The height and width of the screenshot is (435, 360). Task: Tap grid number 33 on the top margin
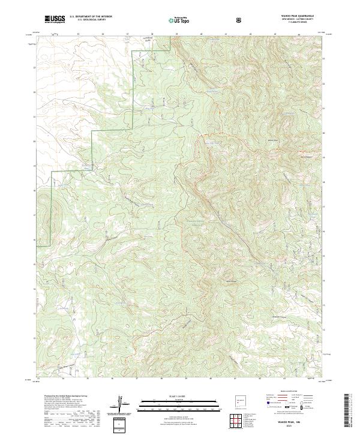pyautogui.click(x=79, y=35)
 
